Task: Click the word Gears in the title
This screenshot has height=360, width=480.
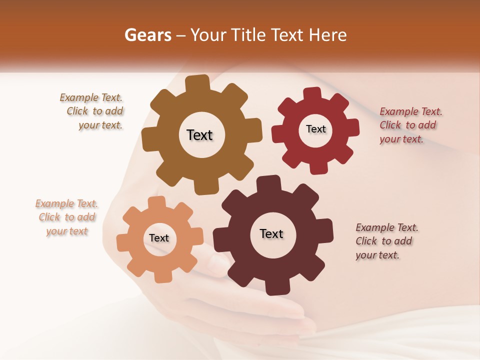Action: (147, 35)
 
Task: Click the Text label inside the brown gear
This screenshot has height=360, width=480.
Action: (199, 135)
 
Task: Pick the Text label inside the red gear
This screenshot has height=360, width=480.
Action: (315, 129)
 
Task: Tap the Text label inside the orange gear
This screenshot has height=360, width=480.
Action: (159, 238)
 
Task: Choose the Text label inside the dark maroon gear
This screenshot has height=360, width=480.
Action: (271, 233)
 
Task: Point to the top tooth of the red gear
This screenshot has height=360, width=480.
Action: (312, 94)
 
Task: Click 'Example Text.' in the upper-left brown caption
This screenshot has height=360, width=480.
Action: (91, 97)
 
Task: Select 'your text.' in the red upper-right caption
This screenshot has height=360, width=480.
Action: (401, 139)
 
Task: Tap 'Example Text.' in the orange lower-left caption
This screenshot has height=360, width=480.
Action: (66, 203)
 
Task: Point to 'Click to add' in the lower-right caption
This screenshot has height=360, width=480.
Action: (384, 241)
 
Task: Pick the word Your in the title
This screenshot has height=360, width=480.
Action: (207, 35)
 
